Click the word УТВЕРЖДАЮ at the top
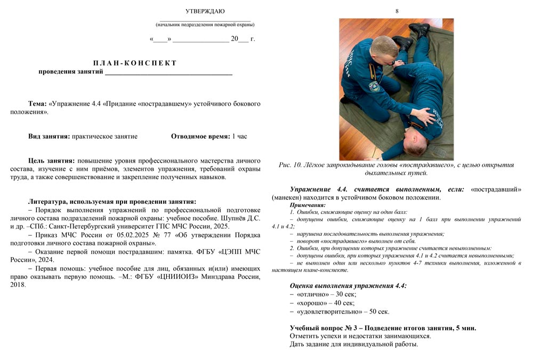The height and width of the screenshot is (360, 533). click(205, 11)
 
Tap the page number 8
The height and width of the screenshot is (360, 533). click(397, 11)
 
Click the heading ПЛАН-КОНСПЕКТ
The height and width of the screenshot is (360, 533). click(135, 63)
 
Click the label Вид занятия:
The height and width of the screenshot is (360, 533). click(49, 137)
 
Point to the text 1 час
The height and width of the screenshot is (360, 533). click(239, 137)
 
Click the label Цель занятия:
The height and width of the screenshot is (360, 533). click(51, 161)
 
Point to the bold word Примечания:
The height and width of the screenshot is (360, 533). click(308, 205)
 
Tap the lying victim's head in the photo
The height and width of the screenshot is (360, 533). click(421, 142)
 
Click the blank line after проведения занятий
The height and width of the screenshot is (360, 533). click(168, 73)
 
